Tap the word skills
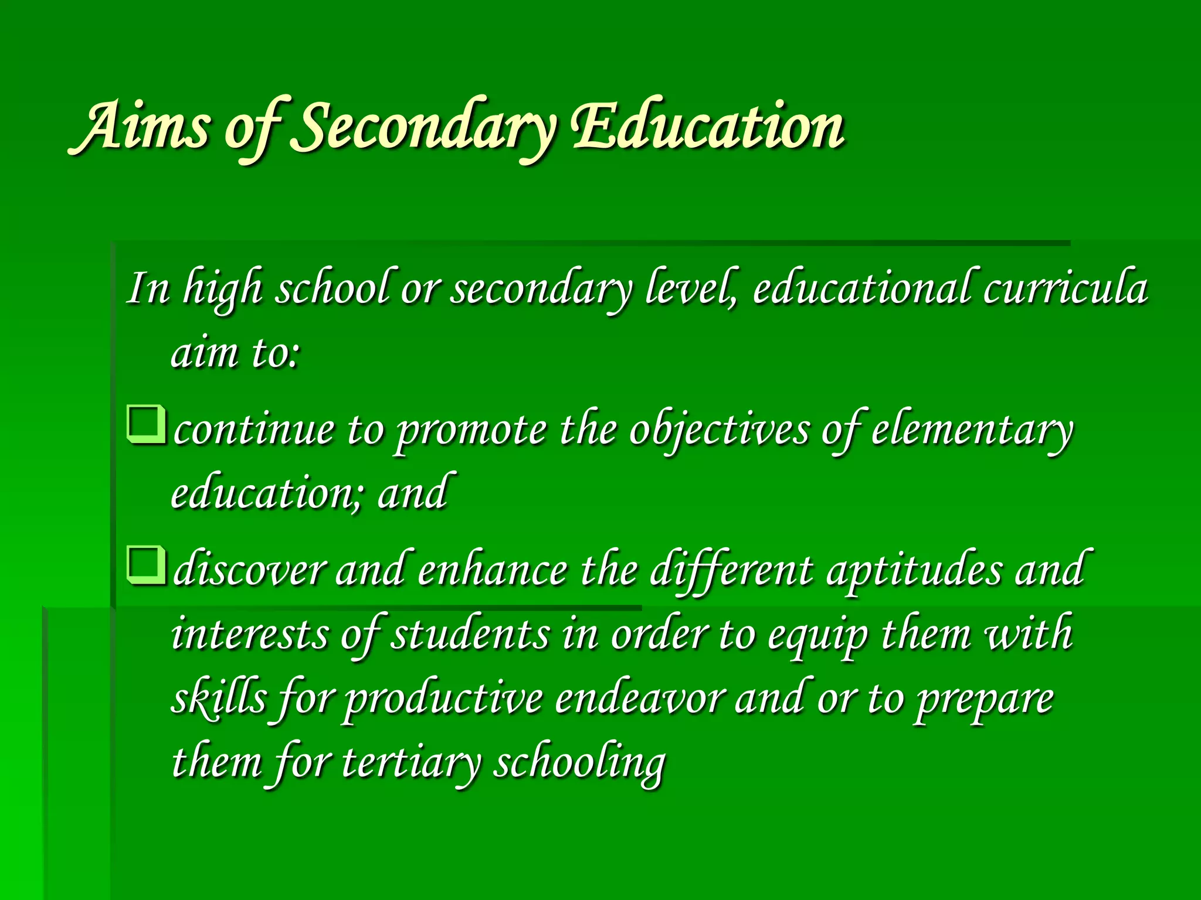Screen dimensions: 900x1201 (218, 698)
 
